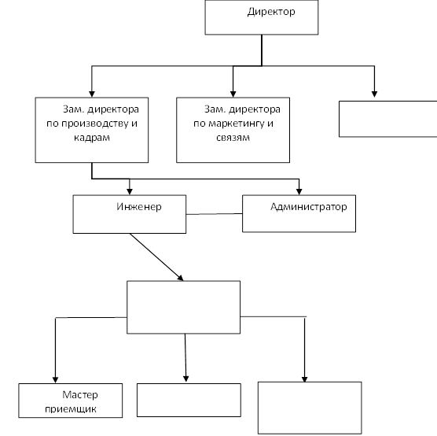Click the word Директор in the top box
271,12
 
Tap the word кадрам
92,137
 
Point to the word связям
233,137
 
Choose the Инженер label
139,207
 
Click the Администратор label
309,207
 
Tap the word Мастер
80,395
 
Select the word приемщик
71,409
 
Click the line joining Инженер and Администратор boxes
214,214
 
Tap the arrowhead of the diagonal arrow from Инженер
181,278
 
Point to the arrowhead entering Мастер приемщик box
55,380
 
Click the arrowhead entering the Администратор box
299,191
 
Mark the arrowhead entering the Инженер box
130,191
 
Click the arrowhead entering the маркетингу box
233,94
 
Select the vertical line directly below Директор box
262,50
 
